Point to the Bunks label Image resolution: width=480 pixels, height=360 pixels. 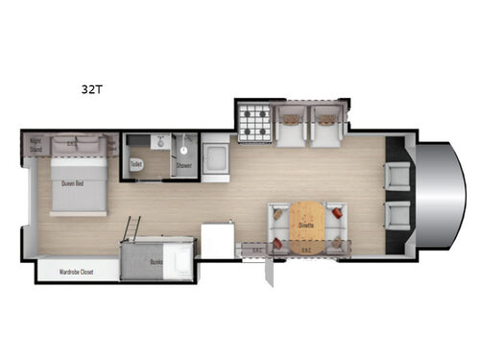coord(157,259)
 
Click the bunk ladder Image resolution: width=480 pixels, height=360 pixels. coord(134,228)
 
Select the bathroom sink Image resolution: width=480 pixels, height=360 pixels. coord(159,141)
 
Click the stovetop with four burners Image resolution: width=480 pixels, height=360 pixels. coord(255,123)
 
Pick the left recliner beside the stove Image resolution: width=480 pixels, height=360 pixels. coord(291,126)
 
